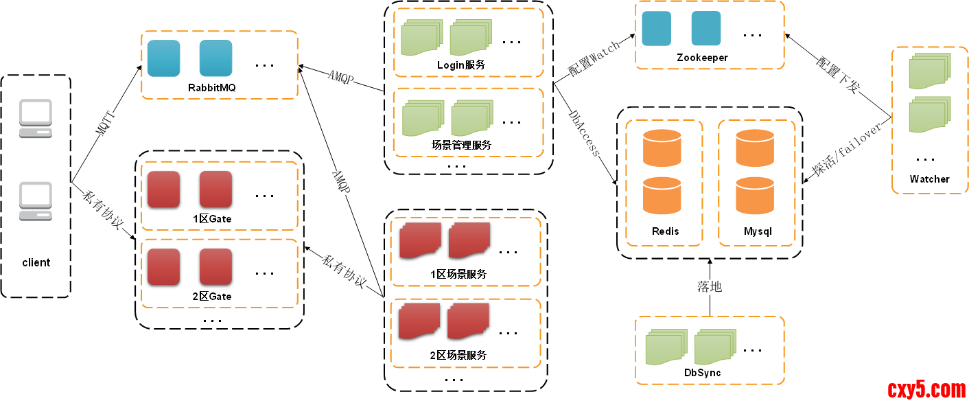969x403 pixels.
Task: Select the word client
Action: pyautogui.click(x=36, y=262)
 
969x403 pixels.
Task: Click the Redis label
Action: pyautogui.click(x=665, y=231)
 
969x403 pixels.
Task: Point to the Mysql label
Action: pyautogui.click(x=758, y=231)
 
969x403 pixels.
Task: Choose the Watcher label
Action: pyautogui.click(x=929, y=179)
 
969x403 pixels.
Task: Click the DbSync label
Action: pyautogui.click(x=702, y=373)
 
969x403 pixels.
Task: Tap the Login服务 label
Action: pyautogui.click(x=460, y=65)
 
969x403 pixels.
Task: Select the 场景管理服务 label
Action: pyautogui.click(x=461, y=145)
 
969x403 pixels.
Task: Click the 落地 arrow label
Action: pyautogui.click(x=710, y=286)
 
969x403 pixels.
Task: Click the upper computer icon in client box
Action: pyautogui.click(x=36, y=118)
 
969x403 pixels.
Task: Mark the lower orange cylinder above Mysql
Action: pyautogui.click(x=754, y=195)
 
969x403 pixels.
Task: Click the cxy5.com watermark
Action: pyautogui.click(x=925, y=389)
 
